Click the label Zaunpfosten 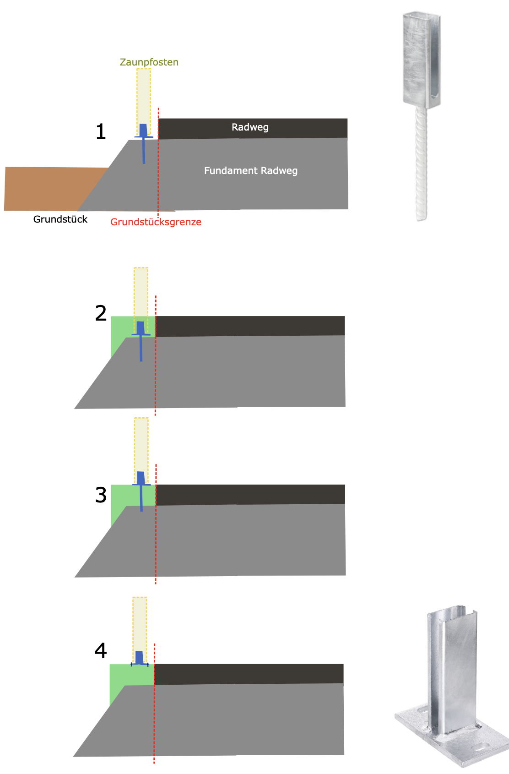(149, 62)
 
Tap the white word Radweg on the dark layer (250, 127)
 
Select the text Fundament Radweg (251, 171)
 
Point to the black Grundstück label (60, 219)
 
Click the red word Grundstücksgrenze (156, 222)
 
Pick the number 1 (101, 131)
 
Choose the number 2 (101, 313)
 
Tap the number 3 (101, 495)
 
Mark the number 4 (101, 651)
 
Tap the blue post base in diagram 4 (140, 659)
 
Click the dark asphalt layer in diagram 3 (250, 495)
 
